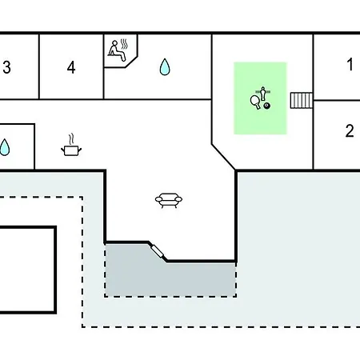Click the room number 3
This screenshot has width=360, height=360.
click(x=7, y=67)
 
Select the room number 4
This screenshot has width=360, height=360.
click(x=71, y=67)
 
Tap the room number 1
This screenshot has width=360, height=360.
click(x=350, y=65)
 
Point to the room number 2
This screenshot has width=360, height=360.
click(x=350, y=131)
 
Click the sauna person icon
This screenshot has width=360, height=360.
click(x=116, y=50)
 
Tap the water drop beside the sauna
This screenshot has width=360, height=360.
click(x=165, y=66)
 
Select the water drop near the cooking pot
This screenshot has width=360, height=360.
click(x=4, y=147)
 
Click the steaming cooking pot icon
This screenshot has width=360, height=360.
click(x=71, y=150)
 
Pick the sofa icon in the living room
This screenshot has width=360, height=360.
click(x=169, y=200)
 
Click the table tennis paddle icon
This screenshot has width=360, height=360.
click(x=255, y=102)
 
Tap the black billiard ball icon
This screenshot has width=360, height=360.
click(x=266, y=106)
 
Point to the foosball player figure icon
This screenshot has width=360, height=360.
click(x=263, y=93)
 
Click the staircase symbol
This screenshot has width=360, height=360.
click(x=301, y=100)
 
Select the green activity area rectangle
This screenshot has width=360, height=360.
click(x=260, y=98)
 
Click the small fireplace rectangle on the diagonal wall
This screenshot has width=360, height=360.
click(x=157, y=251)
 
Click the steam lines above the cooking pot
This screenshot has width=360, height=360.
click(x=71, y=139)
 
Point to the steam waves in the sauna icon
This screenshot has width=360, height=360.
click(x=124, y=44)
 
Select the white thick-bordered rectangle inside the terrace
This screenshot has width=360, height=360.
click(x=28, y=270)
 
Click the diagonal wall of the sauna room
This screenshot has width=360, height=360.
click(x=131, y=62)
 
